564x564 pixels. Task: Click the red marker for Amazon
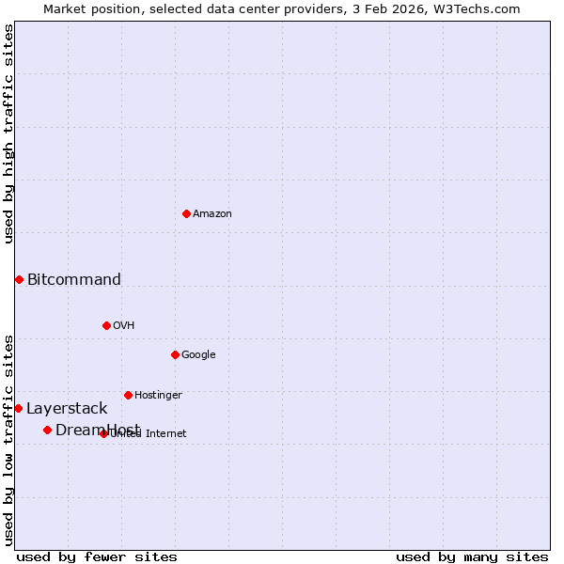point(186,213)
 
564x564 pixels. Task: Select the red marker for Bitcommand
point(19,279)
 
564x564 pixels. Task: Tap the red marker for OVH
point(106,325)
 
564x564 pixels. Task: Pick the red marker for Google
point(175,354)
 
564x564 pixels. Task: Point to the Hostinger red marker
point(128,395)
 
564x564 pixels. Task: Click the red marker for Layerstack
point(18,408)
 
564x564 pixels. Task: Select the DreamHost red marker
point(47,430)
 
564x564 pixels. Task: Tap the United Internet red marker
point(103,433)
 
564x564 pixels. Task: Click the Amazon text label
point(212,214)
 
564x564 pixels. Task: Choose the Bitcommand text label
point(74,279)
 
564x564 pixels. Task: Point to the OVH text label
point(124,326)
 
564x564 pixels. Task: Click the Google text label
point(198,355)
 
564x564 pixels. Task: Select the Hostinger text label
point(158,396)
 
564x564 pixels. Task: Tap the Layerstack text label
point(67,409)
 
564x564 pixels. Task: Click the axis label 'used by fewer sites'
point(97,556)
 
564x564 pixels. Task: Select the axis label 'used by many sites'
point(472,556)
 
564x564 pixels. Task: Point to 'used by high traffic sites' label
point(9,133)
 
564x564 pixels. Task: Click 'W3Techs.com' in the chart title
point(486,8)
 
